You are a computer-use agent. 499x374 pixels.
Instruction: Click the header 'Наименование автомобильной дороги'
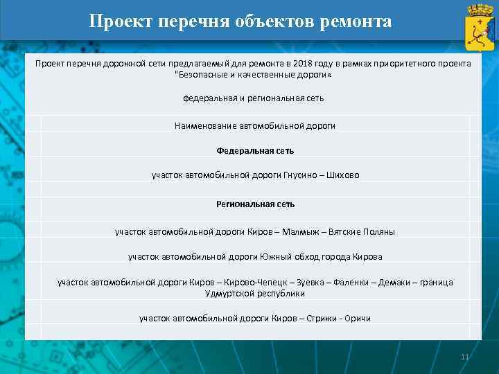pyautogui.click(x=255, y=126)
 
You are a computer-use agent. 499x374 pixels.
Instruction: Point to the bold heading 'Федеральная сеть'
pyautogui.click(x=255, y=150)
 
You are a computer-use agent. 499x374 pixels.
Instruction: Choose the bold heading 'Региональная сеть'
pyautogui.click(x=255, y=204)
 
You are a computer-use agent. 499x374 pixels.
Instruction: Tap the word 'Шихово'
pyautogui.click(x=344, y=175)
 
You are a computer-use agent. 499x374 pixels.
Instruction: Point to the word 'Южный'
pyautogui.click(x=274, y=257)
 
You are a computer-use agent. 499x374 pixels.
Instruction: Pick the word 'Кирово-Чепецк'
pyautogui.click(x=256, y=283)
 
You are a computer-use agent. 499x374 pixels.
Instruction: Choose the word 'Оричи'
pyautogui.click(x=358, y=319)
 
